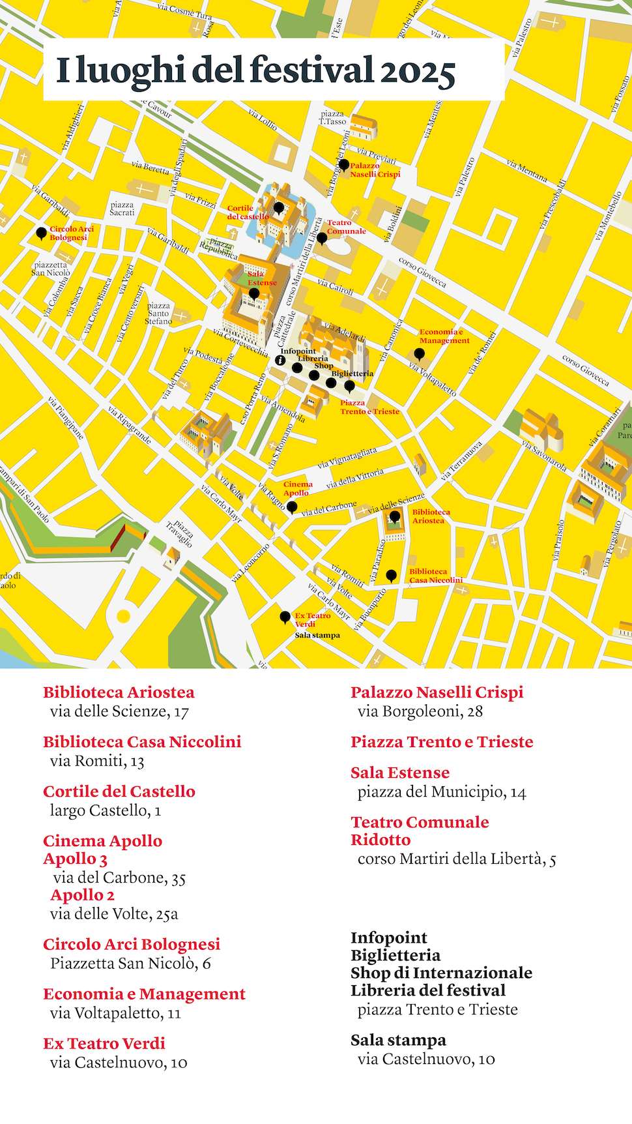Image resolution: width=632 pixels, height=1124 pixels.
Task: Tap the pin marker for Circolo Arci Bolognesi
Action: (x=41, y=233)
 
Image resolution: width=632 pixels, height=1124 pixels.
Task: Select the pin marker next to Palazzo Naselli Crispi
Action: (x=344, y=164)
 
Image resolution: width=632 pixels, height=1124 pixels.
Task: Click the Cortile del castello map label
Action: (x=248, y=213)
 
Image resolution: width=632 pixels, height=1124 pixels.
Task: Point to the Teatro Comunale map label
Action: (x=346, y=227)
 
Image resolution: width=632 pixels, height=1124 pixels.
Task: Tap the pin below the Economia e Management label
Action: (x=420, y=354)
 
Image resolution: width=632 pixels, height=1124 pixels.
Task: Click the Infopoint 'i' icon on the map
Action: (x=281, y=360)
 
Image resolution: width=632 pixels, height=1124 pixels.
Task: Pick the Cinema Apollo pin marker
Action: (x=292, y=507)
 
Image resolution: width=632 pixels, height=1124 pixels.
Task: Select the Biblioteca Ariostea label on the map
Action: (x=431, y=516)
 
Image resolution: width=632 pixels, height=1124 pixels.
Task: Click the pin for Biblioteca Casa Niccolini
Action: (x=391, y=575)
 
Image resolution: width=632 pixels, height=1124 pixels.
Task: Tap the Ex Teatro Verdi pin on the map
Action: (x=285, y=616)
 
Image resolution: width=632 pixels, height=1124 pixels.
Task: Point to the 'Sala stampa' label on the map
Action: (x=317, y=635)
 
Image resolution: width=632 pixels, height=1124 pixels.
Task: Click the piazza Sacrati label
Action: (x=122, y=209)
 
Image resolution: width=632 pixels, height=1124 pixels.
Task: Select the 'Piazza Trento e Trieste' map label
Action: (x=369, y=407)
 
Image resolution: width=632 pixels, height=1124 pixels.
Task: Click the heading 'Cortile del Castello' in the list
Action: (x=119, y=791)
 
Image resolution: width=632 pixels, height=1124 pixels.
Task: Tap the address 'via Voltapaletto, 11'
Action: (x=115, y=1013)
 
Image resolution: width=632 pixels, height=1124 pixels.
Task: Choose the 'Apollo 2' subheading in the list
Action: (x=83, y=895)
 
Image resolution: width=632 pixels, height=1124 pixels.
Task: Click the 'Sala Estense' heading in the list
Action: (x=400, y=773)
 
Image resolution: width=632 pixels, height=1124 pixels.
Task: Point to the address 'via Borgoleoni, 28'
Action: (x=420, y=711)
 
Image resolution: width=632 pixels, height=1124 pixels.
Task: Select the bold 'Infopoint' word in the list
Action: (x=389, y=938)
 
